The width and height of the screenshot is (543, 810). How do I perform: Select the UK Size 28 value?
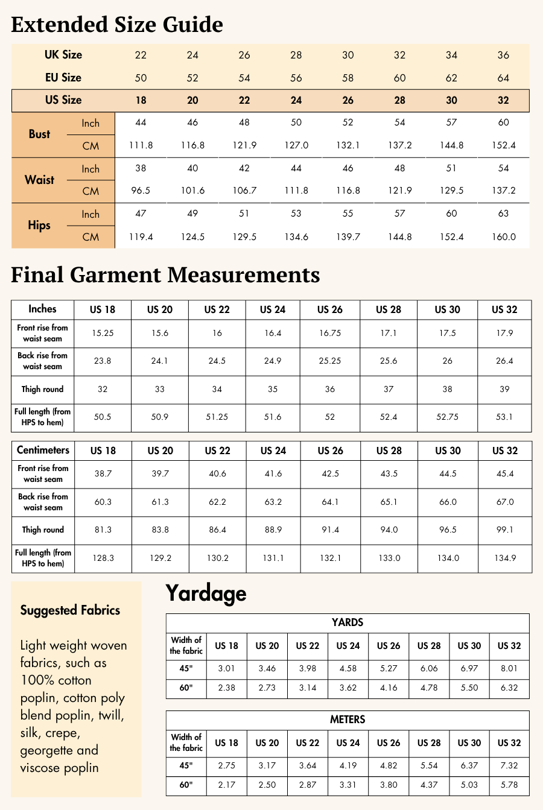(x=296, y=55)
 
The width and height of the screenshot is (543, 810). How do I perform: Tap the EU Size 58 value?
(x=348, y=78)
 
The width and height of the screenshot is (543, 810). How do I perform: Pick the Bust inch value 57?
(x=451, y=122)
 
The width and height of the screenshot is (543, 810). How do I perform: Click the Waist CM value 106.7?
(x=244, y=191)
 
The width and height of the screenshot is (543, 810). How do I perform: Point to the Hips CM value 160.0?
(x=504, y=236)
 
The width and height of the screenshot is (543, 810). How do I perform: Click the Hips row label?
(x=39, y=225)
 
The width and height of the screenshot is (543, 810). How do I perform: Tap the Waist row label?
(x=40, y=180)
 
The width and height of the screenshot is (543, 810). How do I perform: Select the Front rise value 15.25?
(x=103, y=333)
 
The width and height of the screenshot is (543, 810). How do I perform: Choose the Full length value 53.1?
(x=504, y=417)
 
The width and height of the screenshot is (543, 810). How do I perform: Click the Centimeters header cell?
(x=43, y=450)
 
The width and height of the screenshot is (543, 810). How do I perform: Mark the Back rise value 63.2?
(x=273, y=502)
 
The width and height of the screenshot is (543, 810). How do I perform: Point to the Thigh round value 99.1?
(x=505, y=530)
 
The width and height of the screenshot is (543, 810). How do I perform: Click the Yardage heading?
(x=206, y=593)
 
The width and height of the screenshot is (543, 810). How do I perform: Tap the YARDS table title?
(x=348, y=622)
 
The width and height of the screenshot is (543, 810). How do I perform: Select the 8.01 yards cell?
(x=509, y=668)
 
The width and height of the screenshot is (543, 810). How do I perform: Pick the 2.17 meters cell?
(x=226, y=785)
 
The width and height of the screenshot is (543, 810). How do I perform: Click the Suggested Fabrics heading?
(x=70, y=610)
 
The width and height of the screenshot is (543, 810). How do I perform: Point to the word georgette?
(x=48, y=751)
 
